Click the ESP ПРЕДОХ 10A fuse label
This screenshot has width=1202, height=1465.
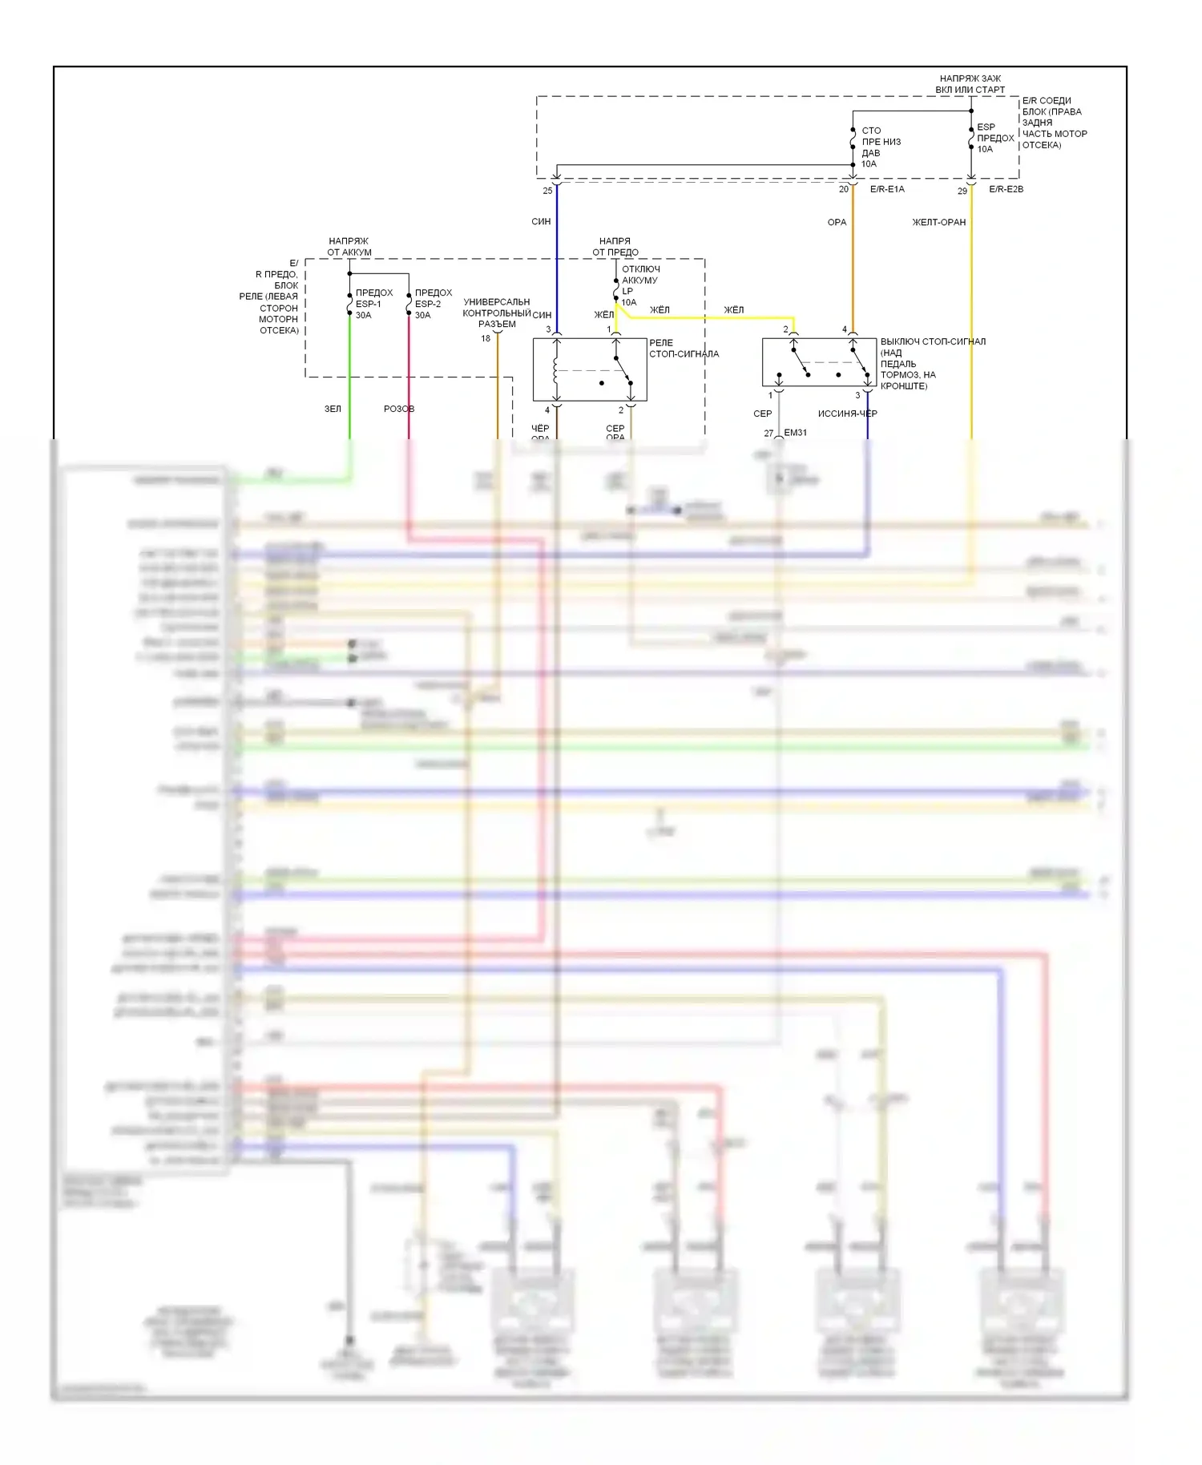[995, 138]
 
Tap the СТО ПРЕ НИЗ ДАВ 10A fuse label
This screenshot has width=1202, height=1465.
[880, 147]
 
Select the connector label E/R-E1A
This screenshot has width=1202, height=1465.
[887, 189]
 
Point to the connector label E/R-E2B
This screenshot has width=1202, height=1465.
[1006, 189]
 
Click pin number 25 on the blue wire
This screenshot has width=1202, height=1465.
[547, 191]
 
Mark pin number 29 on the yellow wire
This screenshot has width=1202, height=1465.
[962, 191]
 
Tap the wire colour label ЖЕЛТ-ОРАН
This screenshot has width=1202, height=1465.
[939, 222]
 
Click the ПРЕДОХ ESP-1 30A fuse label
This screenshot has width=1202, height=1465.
[373, 304]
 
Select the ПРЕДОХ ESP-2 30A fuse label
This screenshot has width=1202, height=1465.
[433, 304]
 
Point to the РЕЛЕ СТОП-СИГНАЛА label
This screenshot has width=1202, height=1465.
[684, 348]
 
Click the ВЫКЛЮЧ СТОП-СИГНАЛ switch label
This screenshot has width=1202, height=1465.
[933, 363]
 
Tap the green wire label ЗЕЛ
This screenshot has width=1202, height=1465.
[333, 409]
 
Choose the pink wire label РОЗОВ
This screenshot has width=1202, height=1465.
[399, 409]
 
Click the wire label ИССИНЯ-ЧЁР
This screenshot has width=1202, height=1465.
[847, 414]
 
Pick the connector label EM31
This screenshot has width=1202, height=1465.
[795, 433]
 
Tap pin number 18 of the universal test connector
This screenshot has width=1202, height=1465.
[486, 338]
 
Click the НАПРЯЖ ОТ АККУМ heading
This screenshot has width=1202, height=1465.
[349, 247]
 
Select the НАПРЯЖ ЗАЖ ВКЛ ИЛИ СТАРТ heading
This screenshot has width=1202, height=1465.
[970, 84]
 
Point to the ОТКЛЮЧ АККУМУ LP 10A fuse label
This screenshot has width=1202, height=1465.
[640, 285]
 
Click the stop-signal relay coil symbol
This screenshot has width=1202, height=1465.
[556, 370]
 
